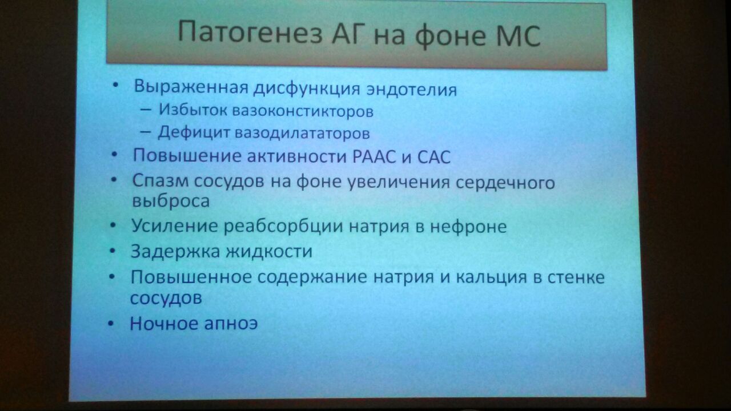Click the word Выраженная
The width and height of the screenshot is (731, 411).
(x=191, y=87)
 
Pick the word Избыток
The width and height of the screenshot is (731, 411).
(x=193, y=110)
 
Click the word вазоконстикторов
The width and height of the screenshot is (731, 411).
(x=303, y=111)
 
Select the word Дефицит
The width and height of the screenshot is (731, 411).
(x=194, y=132)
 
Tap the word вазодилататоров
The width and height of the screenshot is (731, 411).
(x=302, y=133)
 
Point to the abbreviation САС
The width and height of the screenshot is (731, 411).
(x=433, y=157)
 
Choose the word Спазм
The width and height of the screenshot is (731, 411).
(x=160, y=181)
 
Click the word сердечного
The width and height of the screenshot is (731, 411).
(x=505, y=183)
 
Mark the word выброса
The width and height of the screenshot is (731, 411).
(x=171, y=200)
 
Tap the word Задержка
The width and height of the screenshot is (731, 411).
(x=175, y=252)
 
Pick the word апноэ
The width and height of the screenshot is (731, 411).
(x=231, y=324)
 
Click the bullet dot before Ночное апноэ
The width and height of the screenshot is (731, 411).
(x=111, y=324)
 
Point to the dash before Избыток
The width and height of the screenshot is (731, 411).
(x=145, y=110)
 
